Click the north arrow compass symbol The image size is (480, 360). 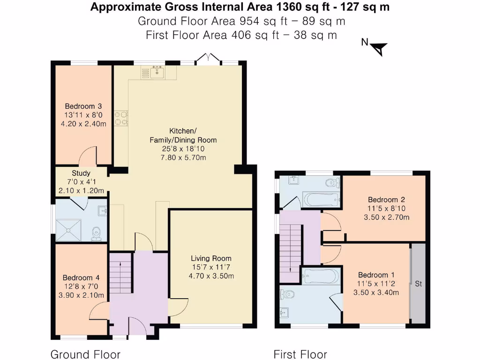pyautogui.click(x=379, y=48)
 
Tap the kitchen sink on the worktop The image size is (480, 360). pyautogui.click(x=157, y=72)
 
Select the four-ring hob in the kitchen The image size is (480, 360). pyautogui.click(x=121, y=118)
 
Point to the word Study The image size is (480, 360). pyautogui.click(x=81, y=173)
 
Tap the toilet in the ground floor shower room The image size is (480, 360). pyautogui.click(x=97, y=233)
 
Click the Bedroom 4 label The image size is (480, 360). pyautogui.click(x=81, y=277)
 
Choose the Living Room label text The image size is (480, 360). pyautogui.click(x=211, y=258)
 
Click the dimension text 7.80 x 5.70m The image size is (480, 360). pyautogui.click(x=183, y=157)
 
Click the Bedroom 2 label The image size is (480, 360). pyautogui.click(x=386, y=199)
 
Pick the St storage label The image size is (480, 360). pyautogui.click(x=418, y=284)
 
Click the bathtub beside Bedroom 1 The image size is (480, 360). pyautogui.click(x=321, y=276)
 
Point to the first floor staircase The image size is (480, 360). pyautogui.click(x=290, y=253)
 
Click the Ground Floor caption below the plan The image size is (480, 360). pyautogui.click(x=85, y=354)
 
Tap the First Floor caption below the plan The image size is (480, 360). pyautogui.click(x=300, y=354)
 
